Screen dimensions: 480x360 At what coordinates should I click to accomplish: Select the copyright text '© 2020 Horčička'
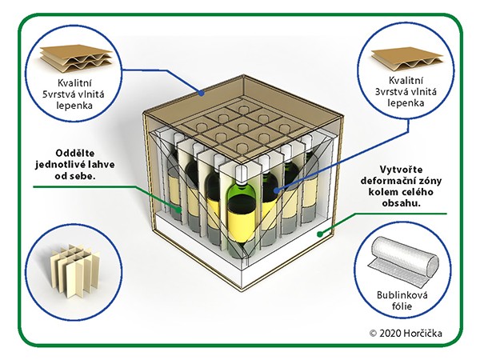click(x=406, y=333)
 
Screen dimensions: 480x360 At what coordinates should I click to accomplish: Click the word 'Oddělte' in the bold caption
click(x=75, y=153)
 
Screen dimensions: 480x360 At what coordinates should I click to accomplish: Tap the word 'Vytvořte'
click(x=401, y=170)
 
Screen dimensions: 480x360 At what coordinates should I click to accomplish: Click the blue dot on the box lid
click(x=201, y=93)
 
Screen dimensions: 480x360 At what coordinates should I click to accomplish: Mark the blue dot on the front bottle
click(x=277, y=190)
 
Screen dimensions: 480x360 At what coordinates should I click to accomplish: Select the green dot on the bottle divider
click(x=178, y=210)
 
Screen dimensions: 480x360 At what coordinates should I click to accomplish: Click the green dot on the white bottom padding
click(x=320, y=234)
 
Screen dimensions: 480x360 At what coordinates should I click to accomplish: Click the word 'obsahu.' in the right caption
click(x=401, y=203)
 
